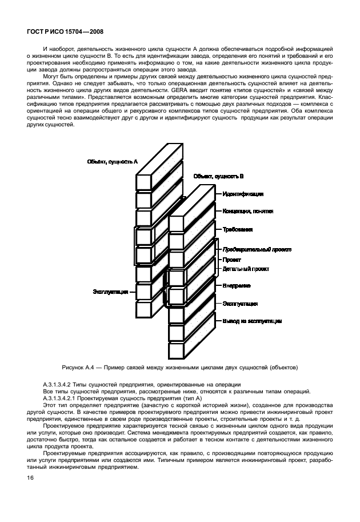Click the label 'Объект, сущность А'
[113, 162]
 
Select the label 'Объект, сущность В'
[219, 177]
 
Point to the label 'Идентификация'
[243, 193]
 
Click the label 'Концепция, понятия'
[248, 211]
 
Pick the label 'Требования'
[237, 229]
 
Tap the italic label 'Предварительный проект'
[257, 249]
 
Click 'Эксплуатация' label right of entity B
[239, 303]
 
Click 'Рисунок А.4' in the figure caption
[80, 366]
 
